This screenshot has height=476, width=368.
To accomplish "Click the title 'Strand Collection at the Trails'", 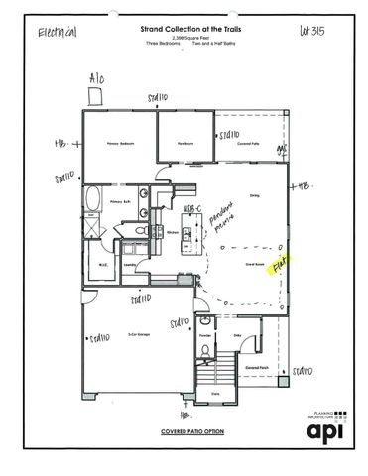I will pyautogui.click(x=185, y=30).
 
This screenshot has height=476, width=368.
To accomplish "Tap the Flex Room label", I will pyautogui.click(x=184, y=144).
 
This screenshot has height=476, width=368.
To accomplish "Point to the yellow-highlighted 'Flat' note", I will pyautogui.click(x=282, y=266).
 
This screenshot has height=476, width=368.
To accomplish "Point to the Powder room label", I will pyautogui.click(x=204, y=335).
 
